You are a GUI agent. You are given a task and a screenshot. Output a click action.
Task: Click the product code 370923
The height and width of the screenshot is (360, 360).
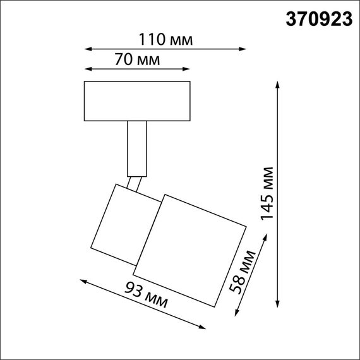[x=316, y=20]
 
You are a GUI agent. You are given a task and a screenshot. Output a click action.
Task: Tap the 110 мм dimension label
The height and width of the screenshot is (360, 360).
[x=165, y=40]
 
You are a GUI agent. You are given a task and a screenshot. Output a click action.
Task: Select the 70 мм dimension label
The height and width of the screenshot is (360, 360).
[x=137, y=61]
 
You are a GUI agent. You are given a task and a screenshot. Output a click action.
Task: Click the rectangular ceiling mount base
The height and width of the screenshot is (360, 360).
[x=137, y=100]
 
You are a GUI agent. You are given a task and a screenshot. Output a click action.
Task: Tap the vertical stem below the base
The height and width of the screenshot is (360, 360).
[x=137, y=148]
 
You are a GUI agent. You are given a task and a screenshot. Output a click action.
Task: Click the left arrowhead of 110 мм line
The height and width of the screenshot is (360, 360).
[x=88, y=48]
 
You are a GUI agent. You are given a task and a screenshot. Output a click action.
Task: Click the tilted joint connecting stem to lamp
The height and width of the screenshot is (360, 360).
[x=135, y=184]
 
